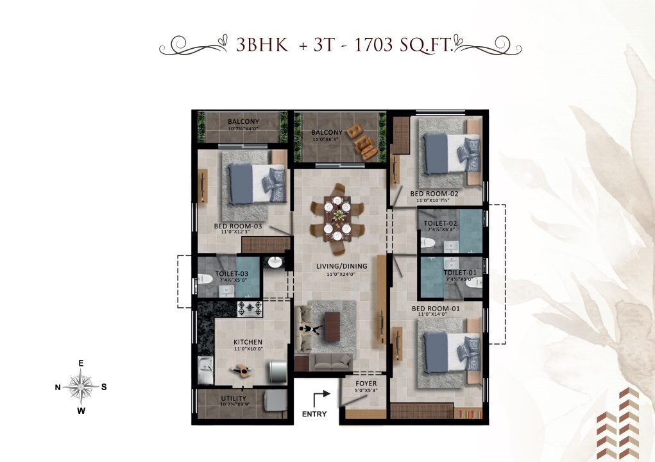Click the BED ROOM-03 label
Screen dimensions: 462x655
click(x=238, y=226)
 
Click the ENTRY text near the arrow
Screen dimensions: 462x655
click(x=314, y=415)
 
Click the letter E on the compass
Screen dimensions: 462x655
click(x=81, y=363)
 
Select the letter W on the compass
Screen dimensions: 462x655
click(x=81, y=411)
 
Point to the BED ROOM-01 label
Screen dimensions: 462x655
click(x=436, y=308)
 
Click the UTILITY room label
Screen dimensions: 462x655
click(x=215, y=398)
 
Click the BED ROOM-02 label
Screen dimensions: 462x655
click(x=434, y=193)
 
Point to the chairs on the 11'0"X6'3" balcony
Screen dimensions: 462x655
click(x=363, y=143)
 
